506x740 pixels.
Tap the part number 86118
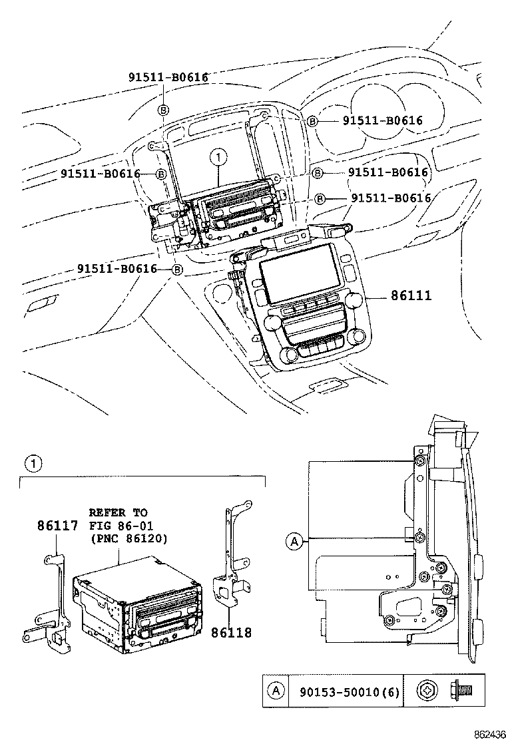(x=232, y=632)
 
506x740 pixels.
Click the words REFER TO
(x=119, y=512)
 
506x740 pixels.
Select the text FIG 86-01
(x=119, y=525)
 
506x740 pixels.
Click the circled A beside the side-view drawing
(x=293, y=542)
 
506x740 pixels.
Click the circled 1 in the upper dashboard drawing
(x=217, y=158)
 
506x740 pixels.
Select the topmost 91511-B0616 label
(x=168, y=77)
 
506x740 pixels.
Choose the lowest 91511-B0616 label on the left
(x=117, y=269)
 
